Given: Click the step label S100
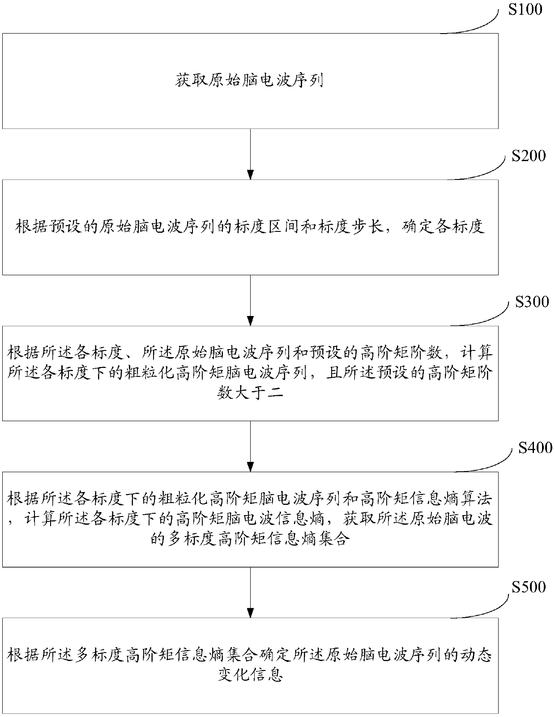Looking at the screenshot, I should (525, 9).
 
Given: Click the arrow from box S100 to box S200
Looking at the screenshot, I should (250, 154).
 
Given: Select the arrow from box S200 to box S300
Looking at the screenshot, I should (250, 300).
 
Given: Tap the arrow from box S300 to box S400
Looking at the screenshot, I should (250, 446).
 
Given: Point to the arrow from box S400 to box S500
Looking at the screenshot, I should (250, 592).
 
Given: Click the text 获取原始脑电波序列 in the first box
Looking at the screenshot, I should (250, 81).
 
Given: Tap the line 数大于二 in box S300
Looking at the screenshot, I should (250, 394).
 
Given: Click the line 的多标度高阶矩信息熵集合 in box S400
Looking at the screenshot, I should (250, 540).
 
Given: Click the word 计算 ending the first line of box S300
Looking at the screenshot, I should (481, 353).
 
